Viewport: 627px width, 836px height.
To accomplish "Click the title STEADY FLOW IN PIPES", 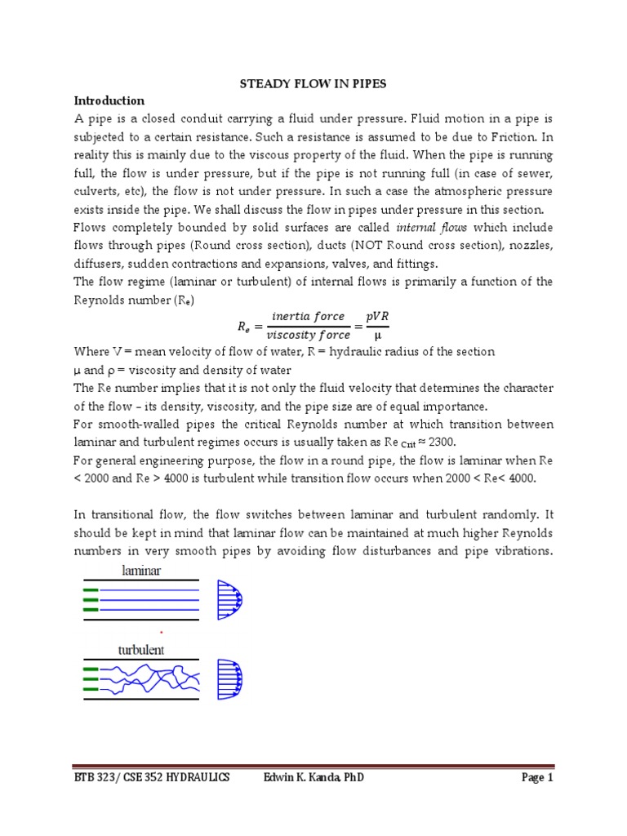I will click(313, 82).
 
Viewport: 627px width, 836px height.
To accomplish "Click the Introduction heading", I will click(109, 100).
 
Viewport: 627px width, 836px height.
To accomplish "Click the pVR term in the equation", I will click(376, 317).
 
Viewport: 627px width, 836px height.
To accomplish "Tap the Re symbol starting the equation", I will click(243, 325).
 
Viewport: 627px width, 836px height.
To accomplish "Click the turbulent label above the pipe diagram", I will click(141, 651).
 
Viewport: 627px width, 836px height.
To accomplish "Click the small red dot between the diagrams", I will click(161, 632).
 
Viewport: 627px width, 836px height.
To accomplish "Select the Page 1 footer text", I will click(537, 778).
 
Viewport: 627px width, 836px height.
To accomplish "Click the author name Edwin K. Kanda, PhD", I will click(314, 778).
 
